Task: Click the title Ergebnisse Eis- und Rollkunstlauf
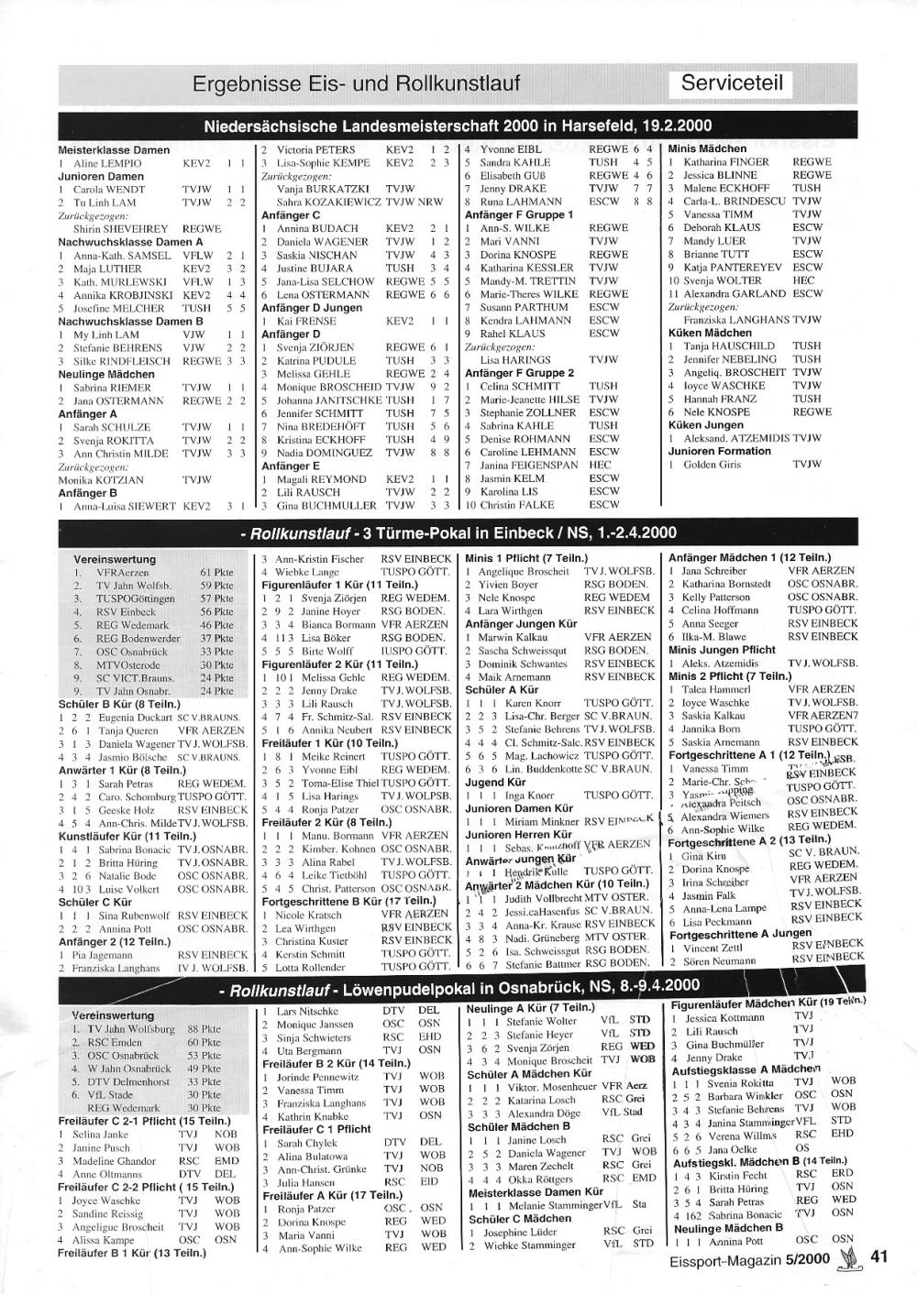[356, 84]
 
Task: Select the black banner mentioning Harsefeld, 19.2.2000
[458, 126]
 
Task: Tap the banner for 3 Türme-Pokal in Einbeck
[458, 533]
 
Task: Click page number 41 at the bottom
[879, 1257]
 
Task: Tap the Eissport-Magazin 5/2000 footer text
[751, 1260]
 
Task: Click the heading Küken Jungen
[705, 425]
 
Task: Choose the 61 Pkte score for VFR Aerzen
[216, 573]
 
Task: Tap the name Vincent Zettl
[713, 948]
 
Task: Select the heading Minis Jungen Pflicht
[722, 650]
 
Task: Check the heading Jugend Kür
[495, 783]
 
